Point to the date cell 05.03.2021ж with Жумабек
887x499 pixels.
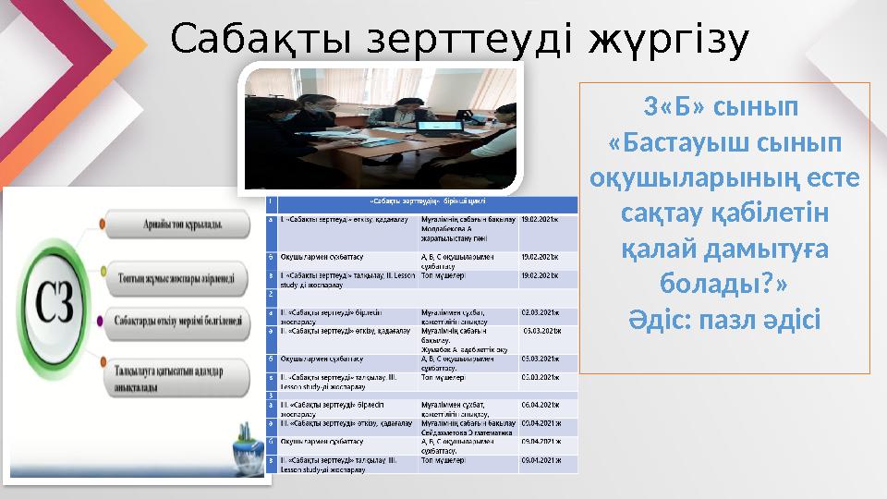545,331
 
